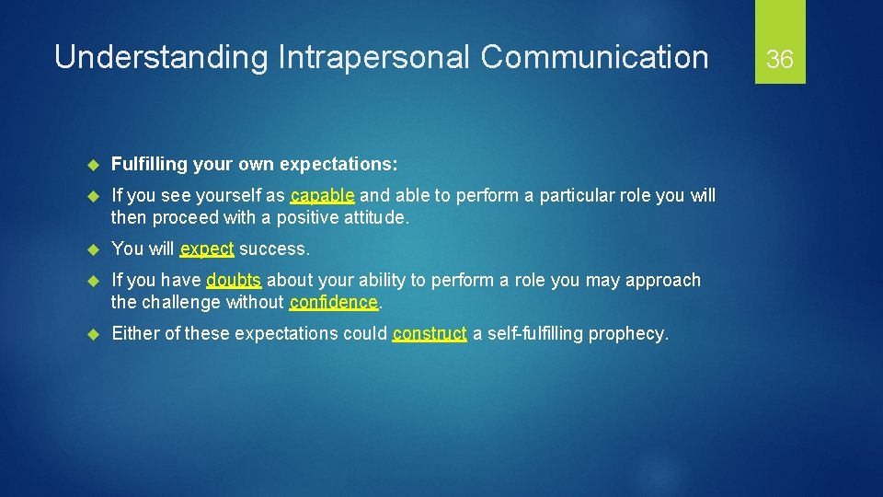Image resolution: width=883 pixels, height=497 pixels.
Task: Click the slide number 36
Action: (x=780, y=60)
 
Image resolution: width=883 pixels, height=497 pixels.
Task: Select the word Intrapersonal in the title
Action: (x=371, y=58)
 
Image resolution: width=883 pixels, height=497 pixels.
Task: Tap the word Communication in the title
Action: (x=594, y=58)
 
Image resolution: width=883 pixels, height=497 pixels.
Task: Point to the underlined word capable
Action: (x=322, y=196)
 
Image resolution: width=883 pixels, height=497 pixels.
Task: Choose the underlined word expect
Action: (x=207, y=249)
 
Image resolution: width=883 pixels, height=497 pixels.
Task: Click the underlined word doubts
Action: (x=234, y=281)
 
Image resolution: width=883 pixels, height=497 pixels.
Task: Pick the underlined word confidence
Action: (x=333, y=303)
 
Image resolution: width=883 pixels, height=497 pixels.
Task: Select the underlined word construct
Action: (x=430, y=334)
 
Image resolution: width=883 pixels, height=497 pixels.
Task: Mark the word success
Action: (x=274, y=249)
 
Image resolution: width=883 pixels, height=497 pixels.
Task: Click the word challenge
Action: (x=180, y=303)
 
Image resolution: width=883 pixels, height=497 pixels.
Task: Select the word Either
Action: (x=135, y=334)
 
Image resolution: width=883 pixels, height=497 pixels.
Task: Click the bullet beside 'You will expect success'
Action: (x=92, y=249)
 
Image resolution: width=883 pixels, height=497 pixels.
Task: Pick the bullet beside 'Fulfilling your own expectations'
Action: (x=92, y=165)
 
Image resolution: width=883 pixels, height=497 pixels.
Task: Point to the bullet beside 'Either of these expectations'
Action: (x=92, y=334)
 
